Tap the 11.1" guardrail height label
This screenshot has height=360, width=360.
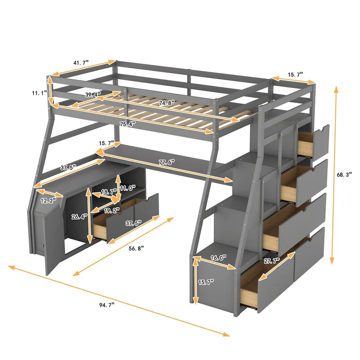[x=39, y=93]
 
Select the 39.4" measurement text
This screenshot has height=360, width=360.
[x=93, y=94]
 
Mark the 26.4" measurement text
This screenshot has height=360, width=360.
[x=80, y=216]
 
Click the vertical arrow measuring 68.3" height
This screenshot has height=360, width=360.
[x=334, y=175]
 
